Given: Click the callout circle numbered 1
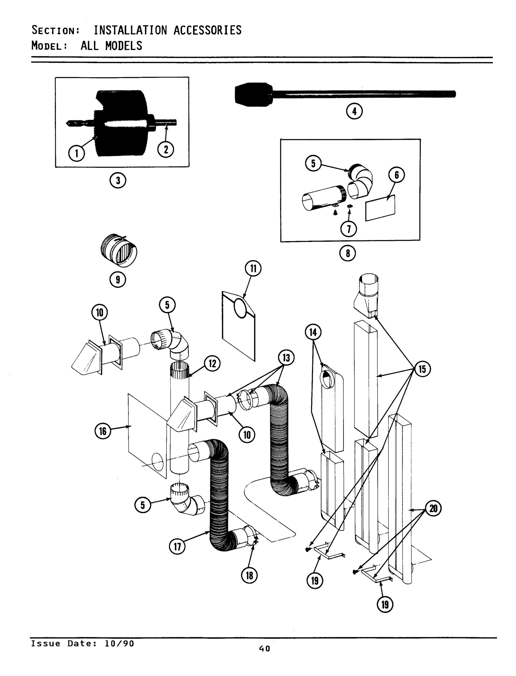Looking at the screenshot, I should click(77, 153).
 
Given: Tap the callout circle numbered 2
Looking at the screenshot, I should click(166, 149).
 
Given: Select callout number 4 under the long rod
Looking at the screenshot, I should click(354, 111).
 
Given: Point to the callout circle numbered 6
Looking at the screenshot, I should click(397, 175).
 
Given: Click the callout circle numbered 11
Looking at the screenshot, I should click(253, 268).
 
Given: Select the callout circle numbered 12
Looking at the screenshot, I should click(212, 364).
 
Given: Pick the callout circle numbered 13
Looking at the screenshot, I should click(286, 358).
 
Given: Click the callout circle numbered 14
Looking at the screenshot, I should click(313, 332).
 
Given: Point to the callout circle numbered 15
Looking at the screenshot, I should click(422, 368).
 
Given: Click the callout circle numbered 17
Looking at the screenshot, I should click(178, 547).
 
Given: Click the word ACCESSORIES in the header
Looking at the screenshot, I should click(208, 30).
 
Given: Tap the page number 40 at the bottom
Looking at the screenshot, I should click(264, 649).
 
